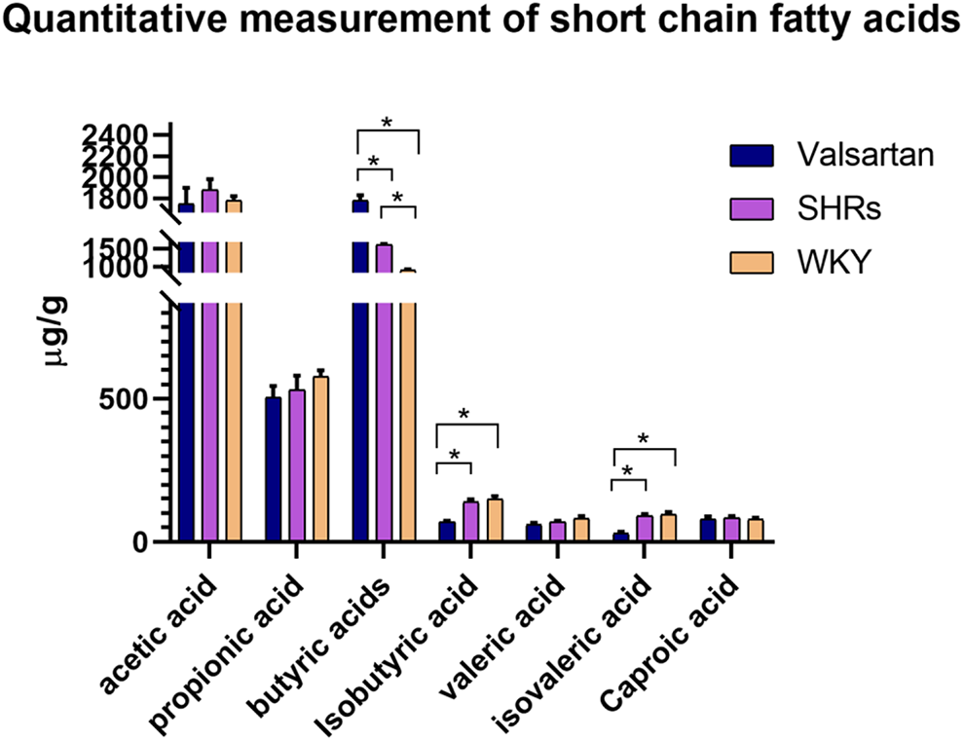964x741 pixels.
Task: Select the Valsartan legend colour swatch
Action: point(752,156)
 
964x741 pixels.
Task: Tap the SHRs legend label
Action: point(839,208)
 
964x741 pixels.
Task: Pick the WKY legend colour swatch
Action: point(752,262)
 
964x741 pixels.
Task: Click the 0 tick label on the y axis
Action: point(139,542)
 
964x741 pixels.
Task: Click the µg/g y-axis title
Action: point(56,331)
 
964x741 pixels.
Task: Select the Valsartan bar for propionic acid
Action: point(273,469)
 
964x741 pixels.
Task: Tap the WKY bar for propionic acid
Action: point(321,459)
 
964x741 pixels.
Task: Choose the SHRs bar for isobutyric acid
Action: point(471,522)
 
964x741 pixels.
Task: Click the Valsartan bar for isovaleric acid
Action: point(621,537)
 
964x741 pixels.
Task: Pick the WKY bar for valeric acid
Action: point(581,530)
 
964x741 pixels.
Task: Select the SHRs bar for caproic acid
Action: point(731,530)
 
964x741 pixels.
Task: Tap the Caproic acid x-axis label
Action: point(670,643)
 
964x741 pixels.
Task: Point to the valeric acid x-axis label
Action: point(502,636)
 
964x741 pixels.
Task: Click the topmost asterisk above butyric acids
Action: point(387,123)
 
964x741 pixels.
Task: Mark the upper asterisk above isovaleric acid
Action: point(643,439)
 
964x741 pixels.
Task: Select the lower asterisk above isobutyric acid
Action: point(455,455)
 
